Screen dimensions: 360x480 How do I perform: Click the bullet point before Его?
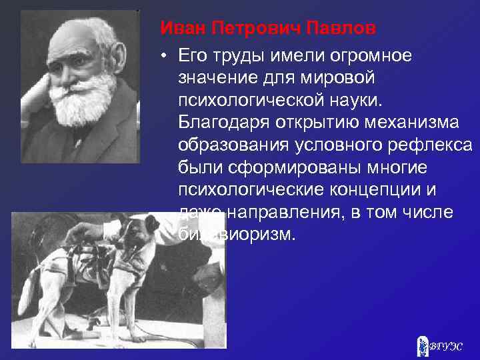[x=163, y=54]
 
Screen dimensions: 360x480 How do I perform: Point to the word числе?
[x=429, y=213]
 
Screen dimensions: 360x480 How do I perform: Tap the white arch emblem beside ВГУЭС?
[x=422, y=345]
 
